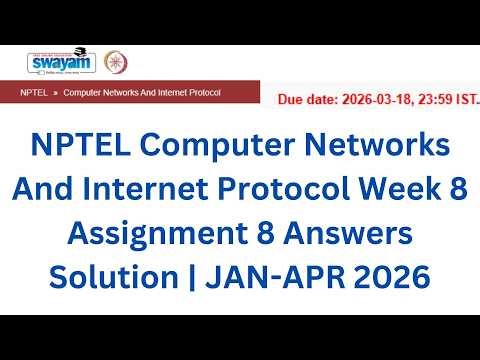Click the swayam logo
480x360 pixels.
[x=56, y=62]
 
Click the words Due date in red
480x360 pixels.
[x=306, y=100]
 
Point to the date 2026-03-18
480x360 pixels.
[x=376, y=100]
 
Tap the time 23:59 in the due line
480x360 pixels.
[x=437, y=100]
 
